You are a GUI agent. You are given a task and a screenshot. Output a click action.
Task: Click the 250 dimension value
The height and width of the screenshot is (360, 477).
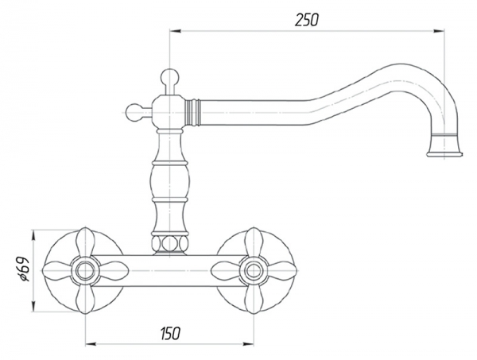pos(307,20)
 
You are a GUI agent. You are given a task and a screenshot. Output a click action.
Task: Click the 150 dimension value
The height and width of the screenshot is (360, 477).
pos(170,333)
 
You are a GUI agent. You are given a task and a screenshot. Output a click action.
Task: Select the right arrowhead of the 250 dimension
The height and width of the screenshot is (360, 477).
pos(439,31)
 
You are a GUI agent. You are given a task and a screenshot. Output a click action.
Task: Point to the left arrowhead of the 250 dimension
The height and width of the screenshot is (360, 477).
pos(176,31)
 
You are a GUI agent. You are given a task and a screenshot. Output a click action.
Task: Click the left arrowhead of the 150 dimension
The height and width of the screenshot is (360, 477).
pos(91,344)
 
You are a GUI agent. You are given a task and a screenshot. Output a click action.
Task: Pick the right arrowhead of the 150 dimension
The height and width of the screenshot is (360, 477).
pos(247,344)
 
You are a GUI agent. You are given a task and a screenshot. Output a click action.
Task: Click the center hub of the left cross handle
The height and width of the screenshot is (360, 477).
pos(84,270)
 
